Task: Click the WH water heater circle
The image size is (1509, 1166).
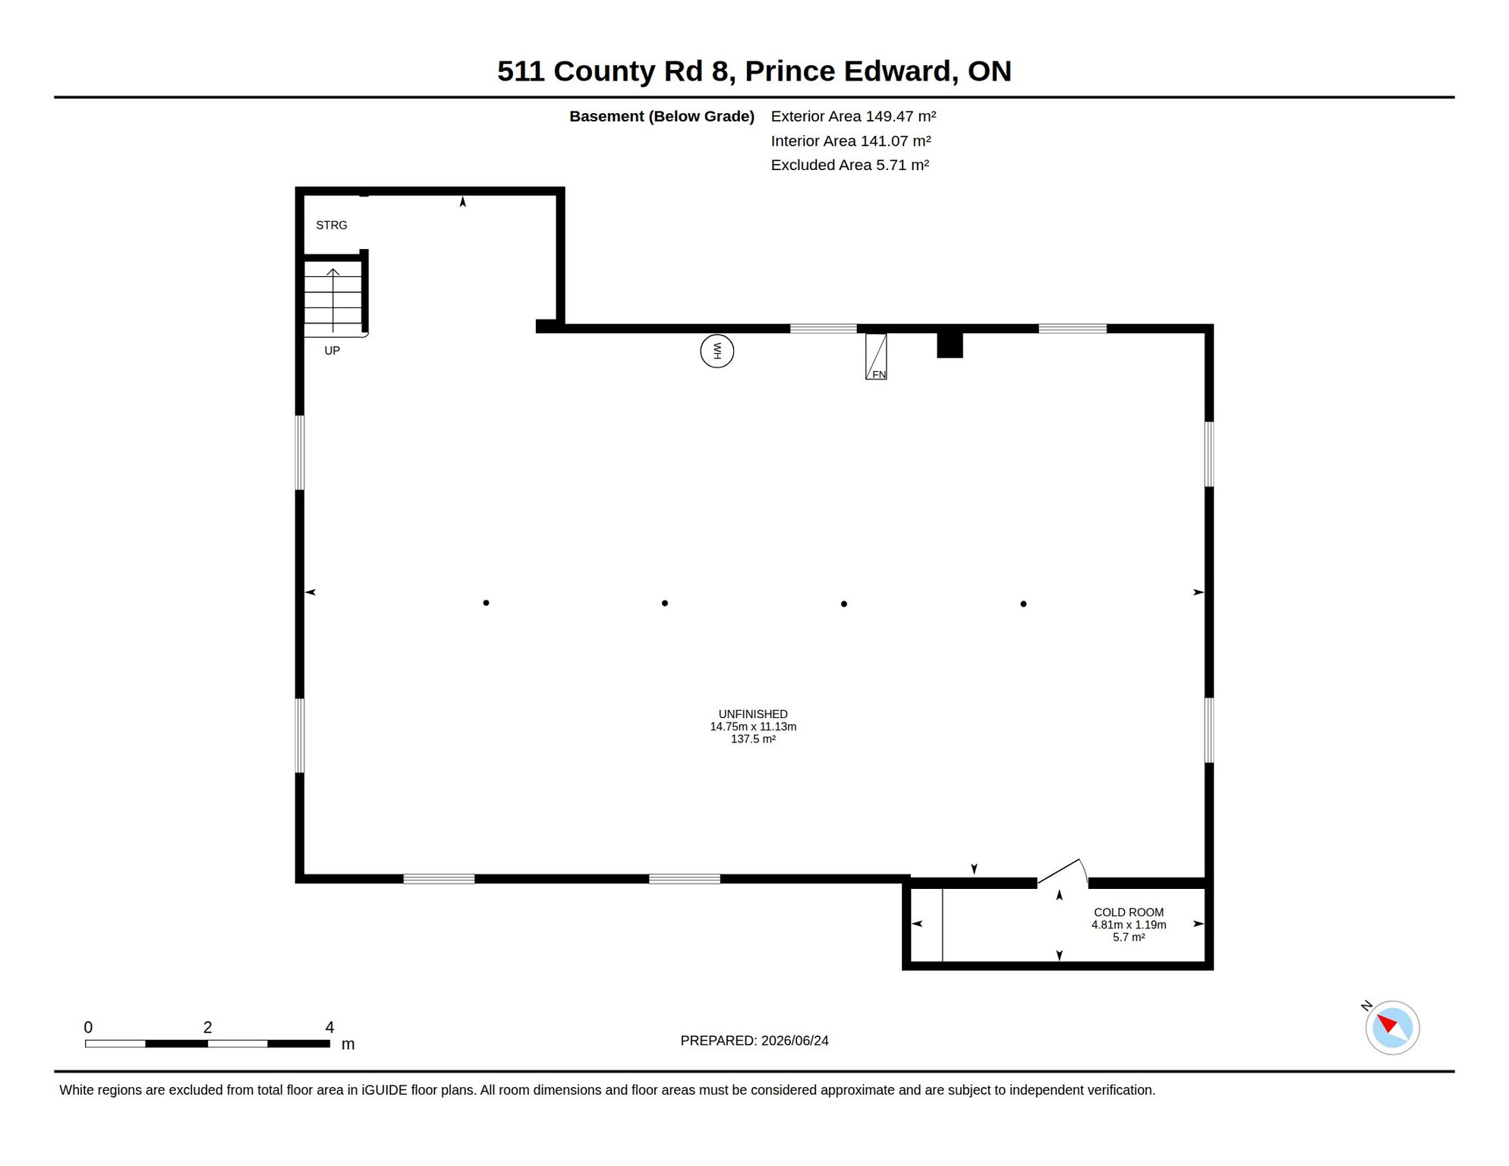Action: click(717, 351)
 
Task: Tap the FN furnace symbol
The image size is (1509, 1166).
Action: click(876, 357)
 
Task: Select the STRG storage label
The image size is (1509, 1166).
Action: click(332, 225)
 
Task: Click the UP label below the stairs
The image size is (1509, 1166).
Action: click(332, 351)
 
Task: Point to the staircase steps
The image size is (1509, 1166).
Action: click(333, 299)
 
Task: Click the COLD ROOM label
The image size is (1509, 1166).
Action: click(1129, 912)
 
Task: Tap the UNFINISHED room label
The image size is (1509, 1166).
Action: click(753, 714)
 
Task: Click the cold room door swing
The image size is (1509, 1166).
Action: click(1063, 871)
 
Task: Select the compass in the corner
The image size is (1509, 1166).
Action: click(1392, 1028)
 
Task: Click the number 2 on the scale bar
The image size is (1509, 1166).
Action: click(207, 1027)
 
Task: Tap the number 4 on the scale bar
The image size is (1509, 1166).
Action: click(329, 1027)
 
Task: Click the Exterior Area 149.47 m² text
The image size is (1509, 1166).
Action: click(853, 116)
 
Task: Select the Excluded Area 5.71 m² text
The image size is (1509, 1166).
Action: click(850, 165)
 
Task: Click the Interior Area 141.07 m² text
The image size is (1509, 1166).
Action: click(851, 140)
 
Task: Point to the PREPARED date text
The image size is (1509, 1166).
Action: click(754, 1041)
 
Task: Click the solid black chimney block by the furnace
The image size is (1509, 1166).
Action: click(950, 345)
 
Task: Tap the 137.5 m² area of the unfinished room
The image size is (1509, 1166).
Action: click(753, 739)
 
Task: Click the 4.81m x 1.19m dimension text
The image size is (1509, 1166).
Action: click(1129, 925)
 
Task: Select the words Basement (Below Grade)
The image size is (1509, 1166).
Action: click(662, 116)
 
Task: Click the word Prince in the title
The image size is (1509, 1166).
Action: click(790, 71)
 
